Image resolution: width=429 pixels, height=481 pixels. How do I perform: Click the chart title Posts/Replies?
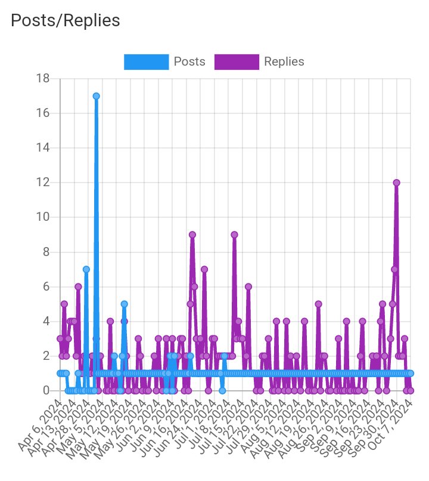(x=66, y=20)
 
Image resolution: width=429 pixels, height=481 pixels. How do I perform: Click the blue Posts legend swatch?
(x=146, y=61)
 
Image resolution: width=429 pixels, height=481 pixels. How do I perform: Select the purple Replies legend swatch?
(x=237, y=61)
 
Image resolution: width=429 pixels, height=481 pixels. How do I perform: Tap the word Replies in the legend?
(x=284, y=61)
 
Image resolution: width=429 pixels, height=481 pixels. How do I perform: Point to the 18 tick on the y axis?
(x=43, y=79)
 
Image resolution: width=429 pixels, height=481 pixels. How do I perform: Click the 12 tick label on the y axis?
(x=43, y=183)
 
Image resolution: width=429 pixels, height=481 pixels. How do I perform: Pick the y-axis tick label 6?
(x=46, y=286)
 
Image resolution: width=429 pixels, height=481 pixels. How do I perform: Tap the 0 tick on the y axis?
(x=46, y=390)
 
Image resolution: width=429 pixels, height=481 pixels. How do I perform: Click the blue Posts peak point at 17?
(x=96, y=96)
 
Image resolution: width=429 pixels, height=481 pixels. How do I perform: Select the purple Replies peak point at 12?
(x=396, y=183)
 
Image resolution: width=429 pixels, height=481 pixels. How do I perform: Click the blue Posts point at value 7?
(x=86, y=269)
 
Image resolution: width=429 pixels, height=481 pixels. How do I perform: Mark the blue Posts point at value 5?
(x=124, y=304)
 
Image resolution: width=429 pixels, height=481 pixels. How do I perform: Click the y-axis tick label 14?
(x=43, y=148)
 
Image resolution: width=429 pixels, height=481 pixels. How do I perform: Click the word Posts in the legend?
(x=189, y=61)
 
